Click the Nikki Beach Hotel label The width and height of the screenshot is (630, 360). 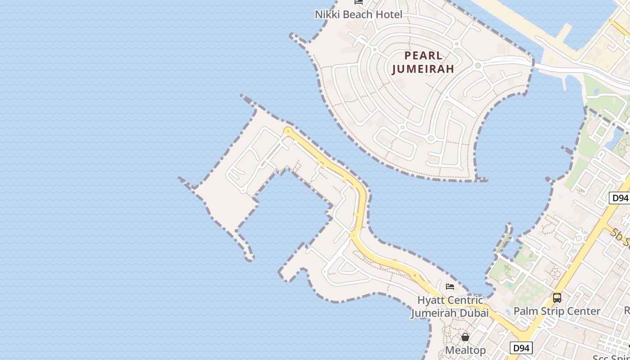(x=358, y=14)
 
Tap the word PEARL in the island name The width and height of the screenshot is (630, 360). (x=423, y=56)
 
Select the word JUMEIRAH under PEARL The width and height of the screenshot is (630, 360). (x=423, y=69)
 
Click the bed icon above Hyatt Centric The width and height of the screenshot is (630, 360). (x=450, y=286)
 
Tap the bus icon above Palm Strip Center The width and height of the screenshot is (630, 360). (x=557, y=297)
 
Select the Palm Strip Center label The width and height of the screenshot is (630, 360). (x=557, y=311)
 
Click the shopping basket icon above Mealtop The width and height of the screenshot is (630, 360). (x=465, y=337)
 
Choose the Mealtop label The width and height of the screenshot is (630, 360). (x=465, y=350)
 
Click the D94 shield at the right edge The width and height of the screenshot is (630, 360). (x=620, y=198)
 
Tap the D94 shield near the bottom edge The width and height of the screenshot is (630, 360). (x=521, y=348)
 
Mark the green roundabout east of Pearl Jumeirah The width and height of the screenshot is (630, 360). (x=478, y=66)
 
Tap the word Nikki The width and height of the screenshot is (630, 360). (x=327, y=14)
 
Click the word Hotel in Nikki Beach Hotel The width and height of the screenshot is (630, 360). (x=390, y=14)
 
